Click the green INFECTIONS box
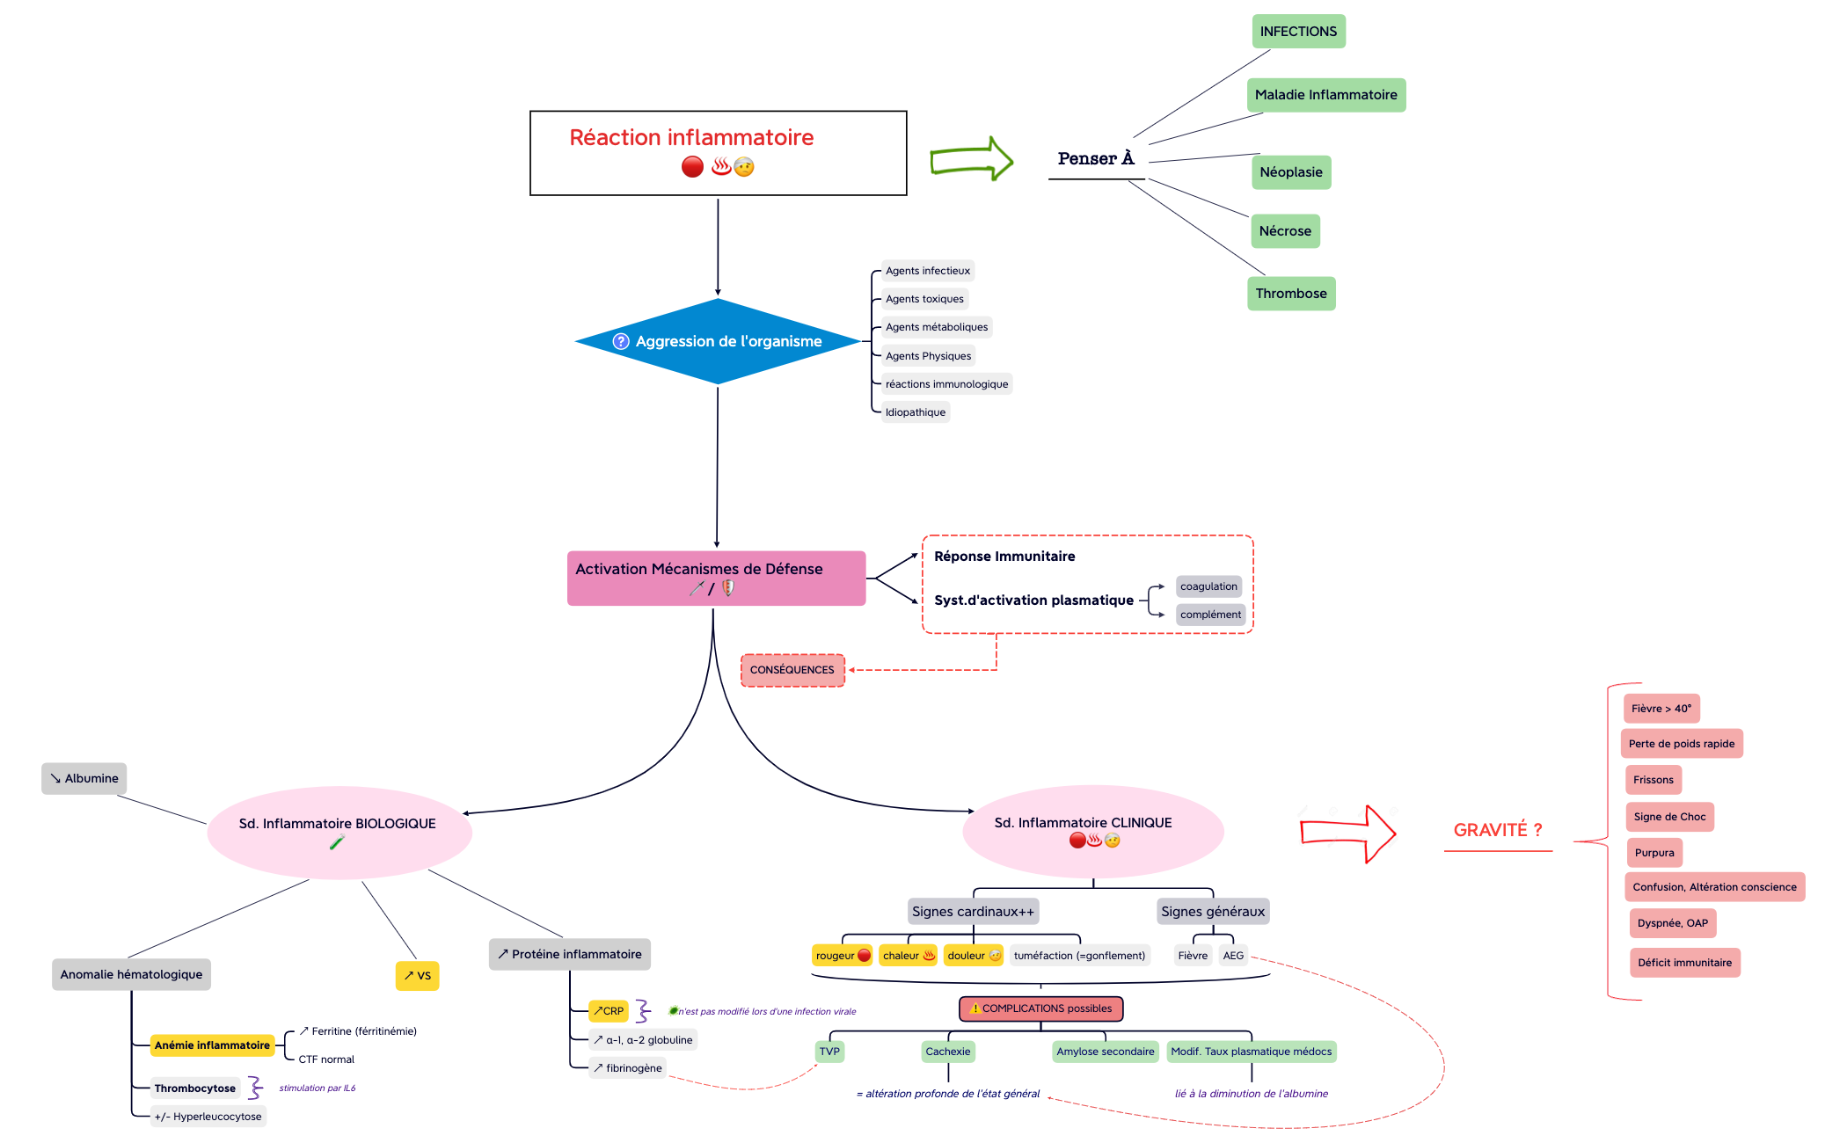pyautogui.click(x=1298, y=32)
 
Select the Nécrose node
pyautogui.click(x=1284, y=231)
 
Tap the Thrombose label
pyautogui.click(x=1290, y=294)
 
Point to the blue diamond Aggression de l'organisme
pyautogui.click(x=718, y=341)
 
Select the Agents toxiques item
pyautogui.click(x=924, y=299)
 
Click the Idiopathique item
pyautogui.click(x=915, y=412)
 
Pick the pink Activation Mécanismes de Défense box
pyautogui.click(x=716, y=578)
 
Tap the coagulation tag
pyautogui.click(x=1208, y=586)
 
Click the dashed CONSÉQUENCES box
pyautogui.click(x=792, y=670)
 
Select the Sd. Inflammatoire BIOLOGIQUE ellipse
pyautogui.click(x=339, y=831)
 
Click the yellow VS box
pyautogui.click(x=417, y=976)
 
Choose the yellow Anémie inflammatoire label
pyautogui.click(x=212, y=1045)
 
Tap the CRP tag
pyautogui.click(x=609, y=1011)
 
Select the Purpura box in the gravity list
pyautogui.click(x=1654, y=853)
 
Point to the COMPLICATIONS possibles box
pyautogui.click(x=1040, y=1008)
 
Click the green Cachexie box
pyautogui.click(x=947, y=1052)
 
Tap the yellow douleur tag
pyautogui.click(x=973, y=956)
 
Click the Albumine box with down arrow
pyautogui.click(x=84, y=779)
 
